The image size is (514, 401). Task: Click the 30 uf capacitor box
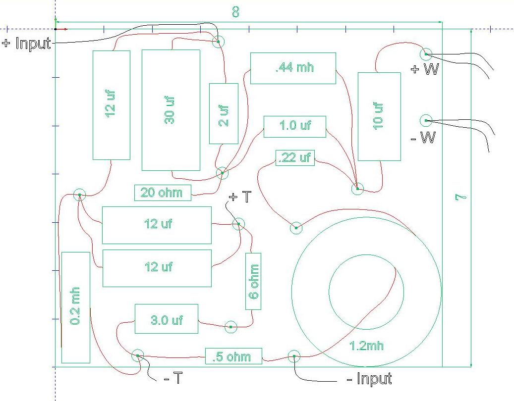[x=171, y=110]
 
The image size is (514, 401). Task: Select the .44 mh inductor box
[x=293, y=68]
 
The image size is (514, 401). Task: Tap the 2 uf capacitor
[x=224, y=113]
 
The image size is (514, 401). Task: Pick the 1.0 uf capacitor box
[x=295, y=127]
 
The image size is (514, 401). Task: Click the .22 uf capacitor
[x=295, y=158]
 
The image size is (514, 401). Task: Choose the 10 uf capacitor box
[x=379, y=116]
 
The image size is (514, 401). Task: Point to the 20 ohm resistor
[x=163, y=193]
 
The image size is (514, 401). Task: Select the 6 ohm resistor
[x=253, y=281]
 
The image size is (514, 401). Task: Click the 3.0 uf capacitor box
[x=167, y=319]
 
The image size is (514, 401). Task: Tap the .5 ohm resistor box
[x=234, y=356]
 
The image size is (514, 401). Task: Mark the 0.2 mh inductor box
[x=76, y=307]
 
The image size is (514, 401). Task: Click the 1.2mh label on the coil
[x=366, y=346]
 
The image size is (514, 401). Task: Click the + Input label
[x=27, y=43]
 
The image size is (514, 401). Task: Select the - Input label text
[x=369, y=379]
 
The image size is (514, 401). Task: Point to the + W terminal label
[x=424, y=69]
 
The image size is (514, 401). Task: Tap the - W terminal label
[x=423, y=138]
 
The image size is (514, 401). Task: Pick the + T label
[x=240, y=197]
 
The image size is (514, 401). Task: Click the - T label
[x=173, y=378]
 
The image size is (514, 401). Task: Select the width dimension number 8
[x=236, y=12]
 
